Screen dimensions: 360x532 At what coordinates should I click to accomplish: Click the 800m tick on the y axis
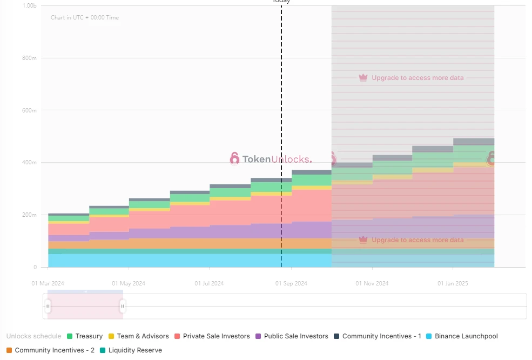(x=30, y=58)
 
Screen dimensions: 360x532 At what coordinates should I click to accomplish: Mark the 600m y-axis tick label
(x=30, y=110)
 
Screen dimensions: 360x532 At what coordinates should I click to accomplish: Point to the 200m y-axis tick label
(x=30, y=215)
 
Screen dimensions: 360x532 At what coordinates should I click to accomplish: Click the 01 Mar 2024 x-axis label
(x=48, y=283)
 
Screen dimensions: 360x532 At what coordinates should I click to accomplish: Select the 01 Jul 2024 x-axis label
(x=210, y=283)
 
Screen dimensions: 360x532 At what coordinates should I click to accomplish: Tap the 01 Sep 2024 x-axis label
(x=291, y=283)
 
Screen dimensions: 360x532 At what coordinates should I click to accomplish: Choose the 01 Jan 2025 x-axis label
(x=453, y=283)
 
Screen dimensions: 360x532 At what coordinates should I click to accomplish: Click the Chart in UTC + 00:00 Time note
(x=85, y=18)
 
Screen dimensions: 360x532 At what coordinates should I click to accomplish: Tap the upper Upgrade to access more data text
(x=417, y=78)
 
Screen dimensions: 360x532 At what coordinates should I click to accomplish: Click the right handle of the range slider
(x=123, y=306)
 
